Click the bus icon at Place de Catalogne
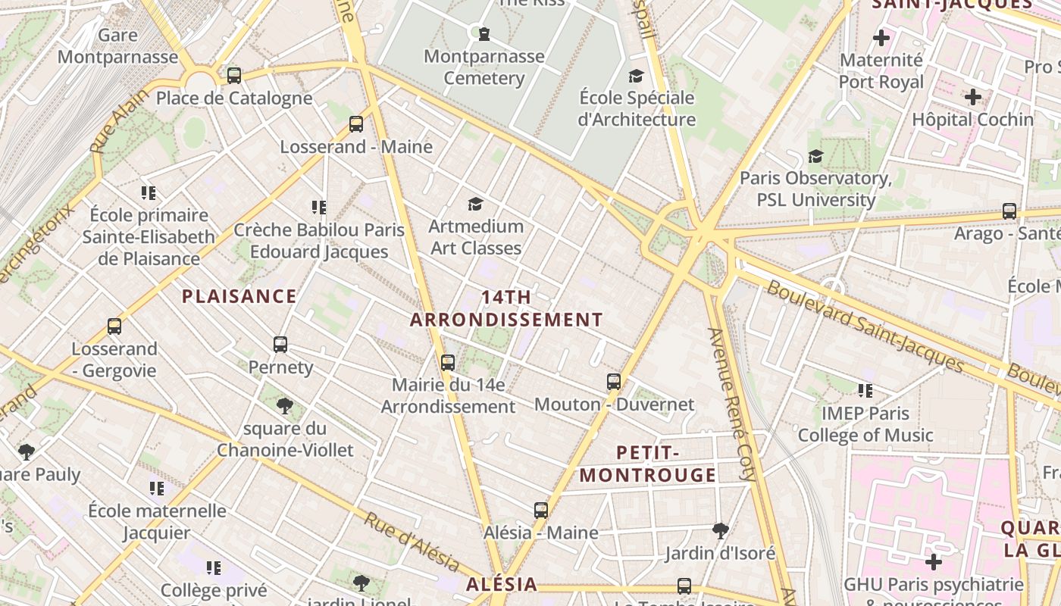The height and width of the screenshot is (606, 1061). click(234, 76)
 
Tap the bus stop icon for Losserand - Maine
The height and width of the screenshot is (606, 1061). click(356, 124)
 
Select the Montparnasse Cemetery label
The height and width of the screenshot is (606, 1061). click(484, 67)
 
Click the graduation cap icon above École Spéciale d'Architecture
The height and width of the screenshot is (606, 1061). click(636, 76)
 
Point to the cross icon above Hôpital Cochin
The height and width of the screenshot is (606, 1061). click(973, 97)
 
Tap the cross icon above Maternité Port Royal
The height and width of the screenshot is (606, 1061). click(881, 37)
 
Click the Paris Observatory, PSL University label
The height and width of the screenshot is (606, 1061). click(815, 189)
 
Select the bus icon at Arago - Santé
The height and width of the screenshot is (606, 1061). click(1009, 211)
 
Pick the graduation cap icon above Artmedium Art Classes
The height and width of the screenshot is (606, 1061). click(475, 204)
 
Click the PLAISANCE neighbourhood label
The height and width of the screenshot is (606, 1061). click(239, 296)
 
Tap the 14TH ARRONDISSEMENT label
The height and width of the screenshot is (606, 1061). click(506, 308)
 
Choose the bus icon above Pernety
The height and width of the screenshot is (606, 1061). click(280, 345)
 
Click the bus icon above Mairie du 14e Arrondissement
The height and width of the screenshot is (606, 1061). click(448, 363)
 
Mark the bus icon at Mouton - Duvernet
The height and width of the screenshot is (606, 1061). click(614, 382)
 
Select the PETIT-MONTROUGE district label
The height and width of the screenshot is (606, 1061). click(647, 464)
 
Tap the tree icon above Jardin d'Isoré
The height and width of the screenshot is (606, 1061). click(721, 530)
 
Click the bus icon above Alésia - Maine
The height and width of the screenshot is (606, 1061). click(541, 511)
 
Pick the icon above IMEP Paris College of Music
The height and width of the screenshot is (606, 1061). click(865, 391)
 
